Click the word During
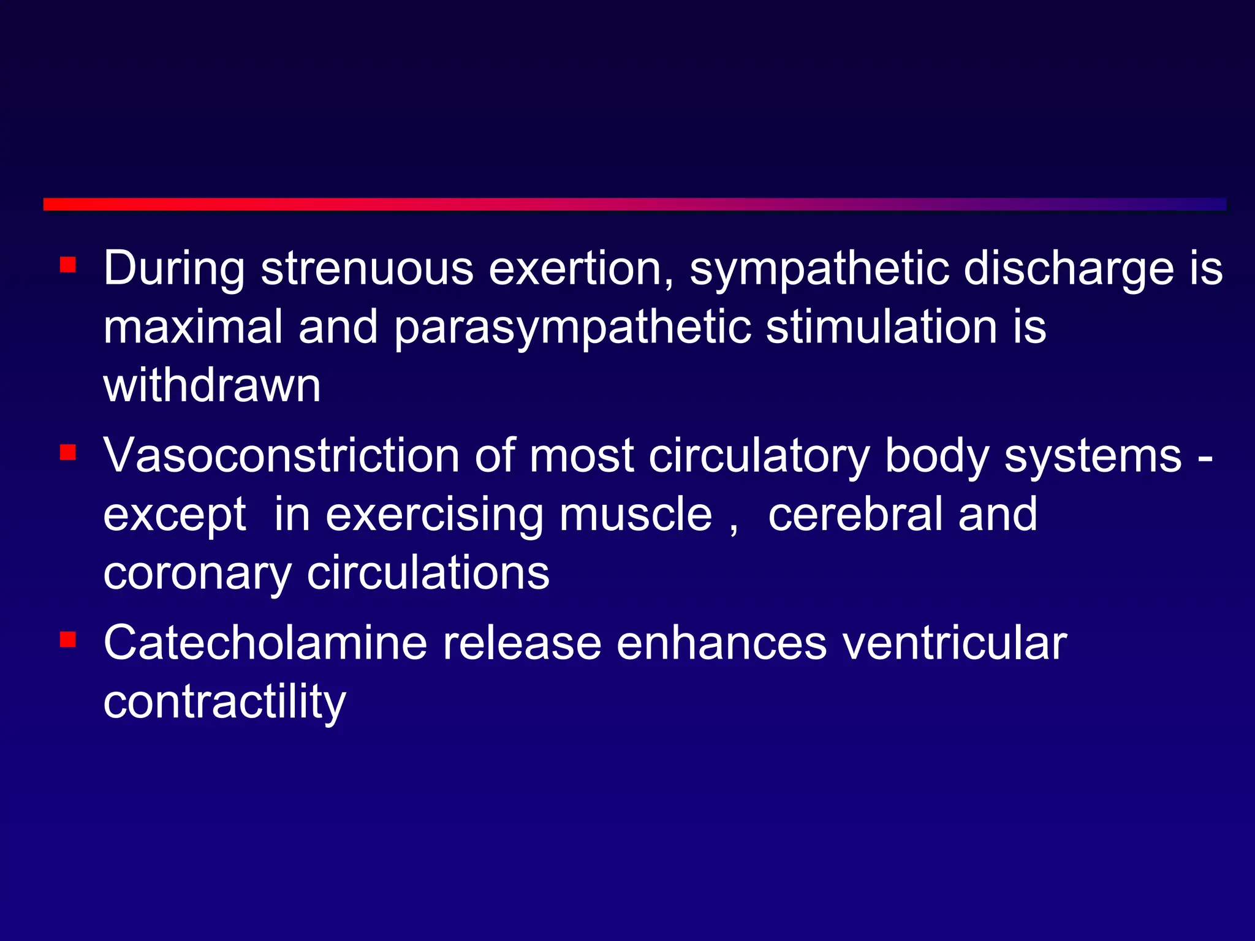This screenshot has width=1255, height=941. pyautogui.click(x=174, y=270)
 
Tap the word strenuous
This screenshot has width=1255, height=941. pyautogui.click(x=367, y=268)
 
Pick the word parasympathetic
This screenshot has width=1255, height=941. pyautogui.click(x=572, y=328)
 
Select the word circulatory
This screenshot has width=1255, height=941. pyautogui.click(x=759, y=457)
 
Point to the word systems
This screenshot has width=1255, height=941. pyautogui.click(x=1093, y=457)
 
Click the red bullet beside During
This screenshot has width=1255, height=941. pyautogui.click(x=68, y=265)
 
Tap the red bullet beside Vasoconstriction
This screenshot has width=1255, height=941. pyautogui.click(x=68, y=453)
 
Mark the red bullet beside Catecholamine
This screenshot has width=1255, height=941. pyautogui.click(x=68, y=640)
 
